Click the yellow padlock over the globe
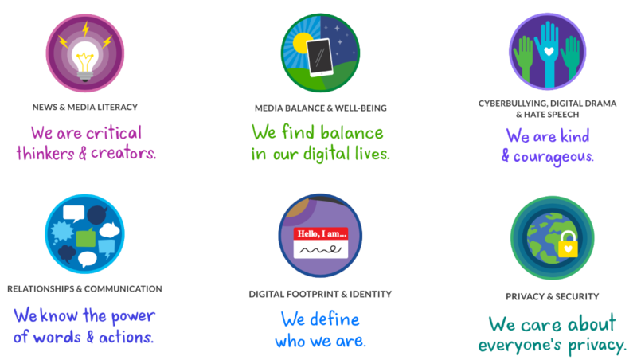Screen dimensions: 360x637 tap(567, 245)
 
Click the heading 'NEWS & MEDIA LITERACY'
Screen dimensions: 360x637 tap(85, 107)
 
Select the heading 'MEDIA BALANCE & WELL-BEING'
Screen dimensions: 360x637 tap(321, 108)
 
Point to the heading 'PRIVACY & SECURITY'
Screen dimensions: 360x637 tap(552, 297)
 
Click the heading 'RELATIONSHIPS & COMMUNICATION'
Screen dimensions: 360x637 tap(84, 289)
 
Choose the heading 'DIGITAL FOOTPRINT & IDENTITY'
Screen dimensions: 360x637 tap(320, 294)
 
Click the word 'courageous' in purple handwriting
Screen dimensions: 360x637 tap(553, 156)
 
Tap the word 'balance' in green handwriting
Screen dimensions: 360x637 tap(347, 133)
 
